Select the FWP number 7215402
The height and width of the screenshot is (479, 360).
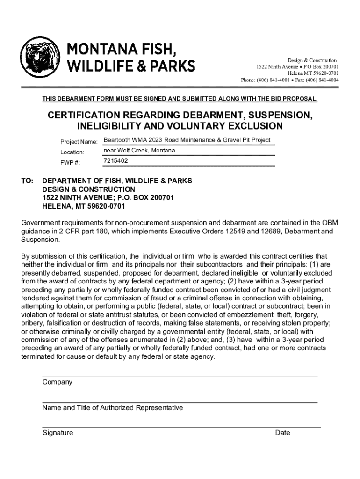(x=115, y=161)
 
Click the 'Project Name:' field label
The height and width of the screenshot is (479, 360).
(x=79, y=142)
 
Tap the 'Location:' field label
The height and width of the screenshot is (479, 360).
(x=72, y=152)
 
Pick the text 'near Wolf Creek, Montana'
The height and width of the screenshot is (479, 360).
(x=139, y=151)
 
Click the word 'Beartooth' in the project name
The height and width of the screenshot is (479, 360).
(x=116, y=140)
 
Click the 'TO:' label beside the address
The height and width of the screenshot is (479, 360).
(x=27, y=181)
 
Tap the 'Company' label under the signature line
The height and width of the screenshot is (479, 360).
(x=57, y=382)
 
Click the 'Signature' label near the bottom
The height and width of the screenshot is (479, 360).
(x=58, y=433)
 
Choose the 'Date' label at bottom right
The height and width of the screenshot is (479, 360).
(x=282, y=433)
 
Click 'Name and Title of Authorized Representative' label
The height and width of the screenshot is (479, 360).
(x=112, y=408)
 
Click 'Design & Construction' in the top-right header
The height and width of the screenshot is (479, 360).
(x=311, y=61)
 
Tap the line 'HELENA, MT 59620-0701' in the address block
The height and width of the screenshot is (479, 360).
(x=84, y=206)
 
